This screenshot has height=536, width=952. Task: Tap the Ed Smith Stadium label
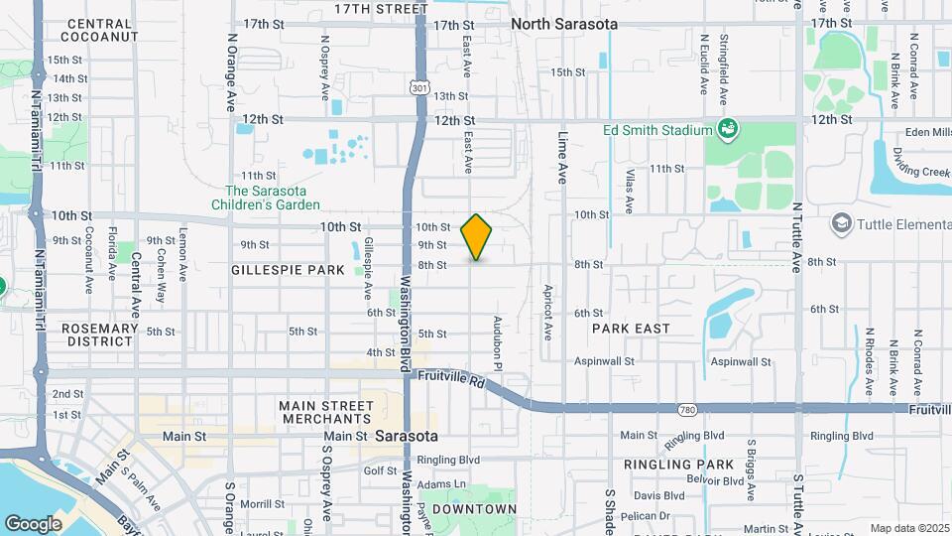(656, 130)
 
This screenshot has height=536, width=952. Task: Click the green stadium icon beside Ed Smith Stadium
(729, 129)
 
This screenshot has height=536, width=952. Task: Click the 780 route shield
(687, 409)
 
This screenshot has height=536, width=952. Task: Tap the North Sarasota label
(564, 24)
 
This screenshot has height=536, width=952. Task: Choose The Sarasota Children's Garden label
(272, 198)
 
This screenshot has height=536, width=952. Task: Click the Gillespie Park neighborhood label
(288, 270)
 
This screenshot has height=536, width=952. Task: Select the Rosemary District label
(98, 335)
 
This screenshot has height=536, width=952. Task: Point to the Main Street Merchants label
(326, 413)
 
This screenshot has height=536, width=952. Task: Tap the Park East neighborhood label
(631, 328)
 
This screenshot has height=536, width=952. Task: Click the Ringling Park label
(678, 464)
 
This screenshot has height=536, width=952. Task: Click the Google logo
(33, 523)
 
